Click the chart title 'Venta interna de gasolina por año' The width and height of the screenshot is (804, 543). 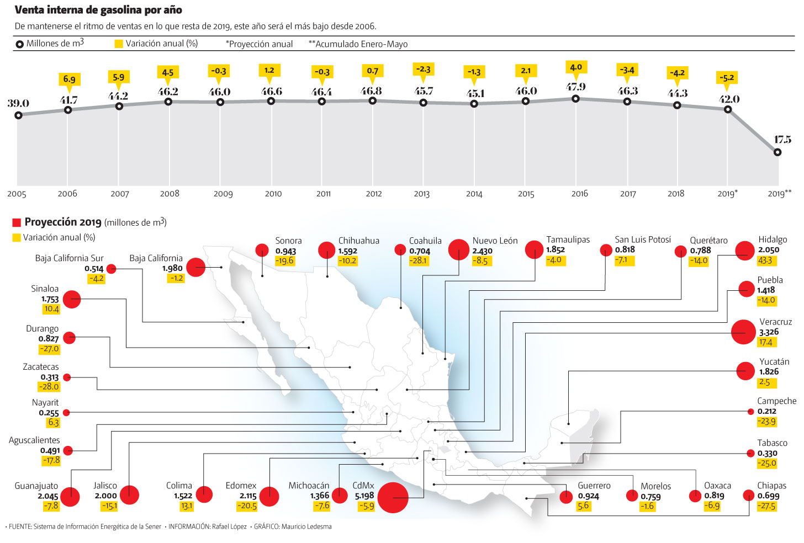click(x=98, y=10)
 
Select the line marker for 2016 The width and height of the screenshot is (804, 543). click(x=575, y=99)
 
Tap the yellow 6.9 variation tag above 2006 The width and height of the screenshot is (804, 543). click(x=69, y=79)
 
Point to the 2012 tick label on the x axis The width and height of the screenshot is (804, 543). click(x=374, y=194)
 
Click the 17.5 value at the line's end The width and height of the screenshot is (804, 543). click(x=782, y=140)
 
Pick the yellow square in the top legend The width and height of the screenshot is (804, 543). click(x=118, y=44)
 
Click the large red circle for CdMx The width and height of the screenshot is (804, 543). click(x=393, y=497)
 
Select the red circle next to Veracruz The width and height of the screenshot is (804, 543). click(x=743, y=332)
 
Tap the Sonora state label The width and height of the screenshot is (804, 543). click(x=288, y=241)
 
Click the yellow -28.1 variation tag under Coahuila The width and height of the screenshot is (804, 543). click(x=419, y=260)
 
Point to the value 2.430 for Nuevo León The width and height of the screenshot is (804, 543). click(x=482, y=251)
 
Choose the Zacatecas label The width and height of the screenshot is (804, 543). click(x=41, y=367)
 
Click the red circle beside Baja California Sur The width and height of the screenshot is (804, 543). click(x=111, y=269)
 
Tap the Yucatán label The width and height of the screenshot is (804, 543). click(x=774, y=361)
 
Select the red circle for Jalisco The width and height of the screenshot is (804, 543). click(x=129, y=495)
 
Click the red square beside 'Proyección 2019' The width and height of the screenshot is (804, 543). click(x=17, y=222)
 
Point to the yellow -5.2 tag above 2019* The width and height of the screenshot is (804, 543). click(x=727, y=78)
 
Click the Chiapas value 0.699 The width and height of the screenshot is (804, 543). click(x=768, y=496)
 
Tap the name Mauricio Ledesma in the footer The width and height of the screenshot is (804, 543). click(x=306, y=526)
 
